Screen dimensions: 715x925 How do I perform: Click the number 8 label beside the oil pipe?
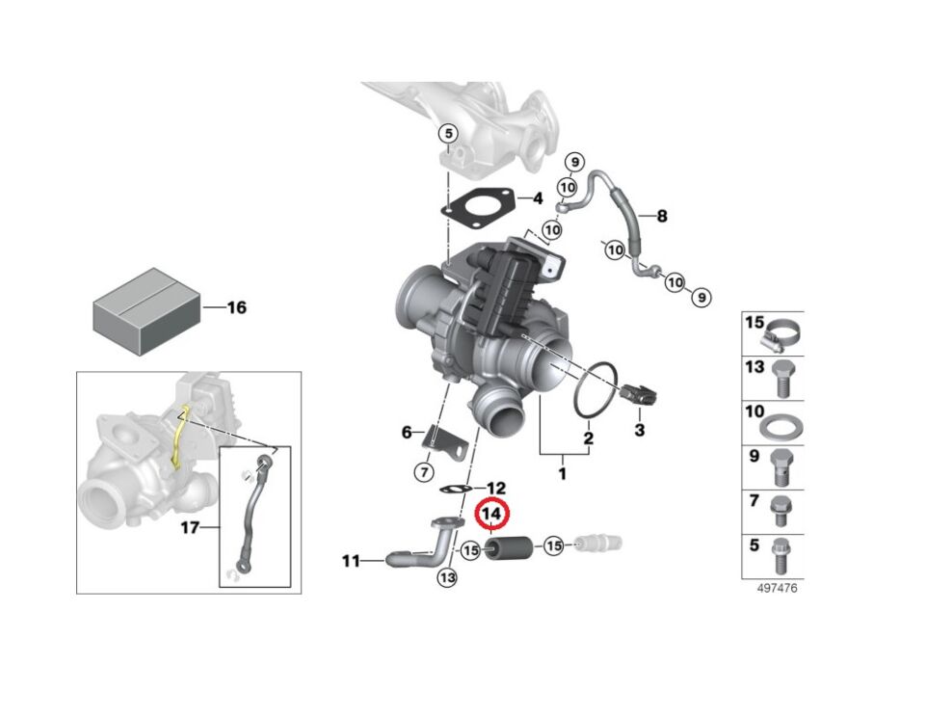662,216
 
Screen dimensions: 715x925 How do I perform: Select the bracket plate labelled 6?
444,441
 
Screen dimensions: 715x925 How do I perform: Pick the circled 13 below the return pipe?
446,577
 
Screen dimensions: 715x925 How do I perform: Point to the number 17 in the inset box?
190,528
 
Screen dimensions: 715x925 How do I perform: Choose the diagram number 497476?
778,588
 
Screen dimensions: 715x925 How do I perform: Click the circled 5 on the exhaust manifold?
447,133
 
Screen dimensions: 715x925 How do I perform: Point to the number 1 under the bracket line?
563,473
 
